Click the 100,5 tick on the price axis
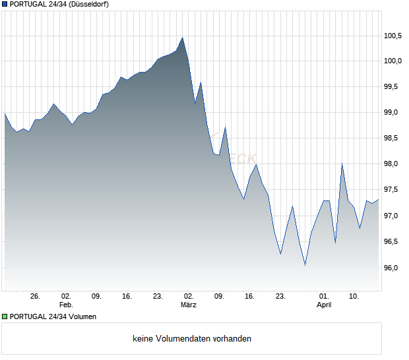[x=393, y=36]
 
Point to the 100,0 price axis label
[x=393, y=61]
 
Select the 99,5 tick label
[x=394, y=86]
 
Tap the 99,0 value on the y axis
[x=394, y=112]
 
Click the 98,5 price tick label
[x=394, y=138]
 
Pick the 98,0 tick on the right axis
[x=394, y=164]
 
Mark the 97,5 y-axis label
[x=394, y=190]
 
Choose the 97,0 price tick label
[x=394, y=216]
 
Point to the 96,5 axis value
[x=394, y=241]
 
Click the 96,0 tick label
[x=394, y=268]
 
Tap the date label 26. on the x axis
[x=36, y=296]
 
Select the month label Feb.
[x=66, y=305]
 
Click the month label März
[x=189, y=305]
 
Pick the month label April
[x=324, y=305]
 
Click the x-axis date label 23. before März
[x=158, y=296]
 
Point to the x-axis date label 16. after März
[x=249, y=296]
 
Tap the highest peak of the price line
[x=182, y=38]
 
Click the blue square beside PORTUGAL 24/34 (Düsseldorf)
[x=5, y=5]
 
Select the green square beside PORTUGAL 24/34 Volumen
[x=5, y=316]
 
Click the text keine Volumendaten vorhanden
[x=192, y=339]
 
